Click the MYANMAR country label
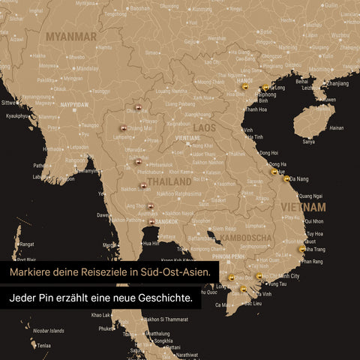tap(71, 36)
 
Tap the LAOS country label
tap(205, 128)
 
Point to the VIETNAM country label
tap(303, 206)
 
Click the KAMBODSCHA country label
tap(246, 238)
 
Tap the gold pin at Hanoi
tap(243, 87)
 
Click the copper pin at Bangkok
tap(152, 220)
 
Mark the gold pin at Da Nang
tap(286, 178)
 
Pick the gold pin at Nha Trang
tap(302, 248)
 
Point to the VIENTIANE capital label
tap(187, 138)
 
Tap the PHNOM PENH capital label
tap(229, 256)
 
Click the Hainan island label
tap(337, 127)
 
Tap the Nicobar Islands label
tap(49, 330)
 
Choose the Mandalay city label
tap(88, 68)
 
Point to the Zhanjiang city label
tap(338, 83)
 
